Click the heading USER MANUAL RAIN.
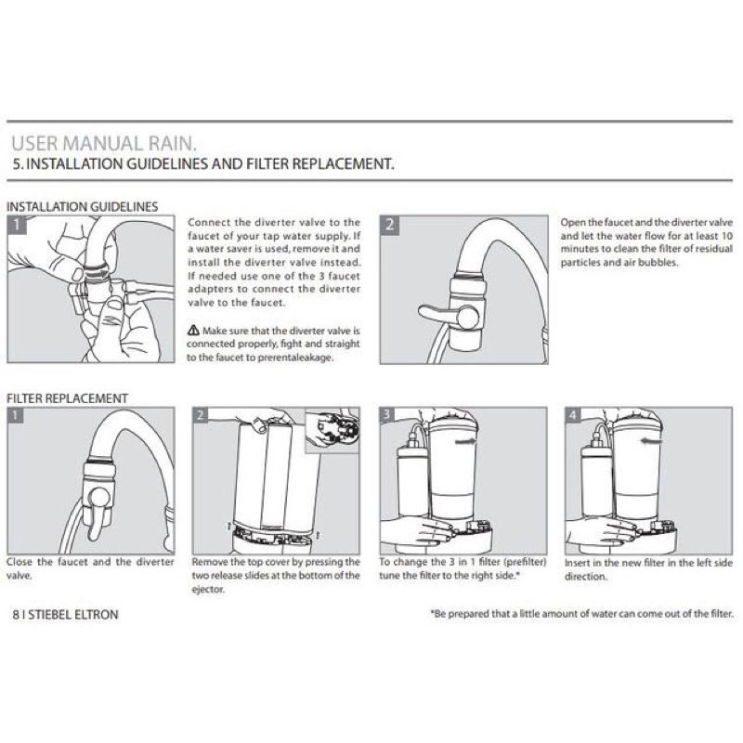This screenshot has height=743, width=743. click(x=104, y=144)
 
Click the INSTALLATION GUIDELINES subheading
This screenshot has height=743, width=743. click(x=83, y=206)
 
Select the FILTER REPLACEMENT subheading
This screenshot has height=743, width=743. click(x=67, y=398)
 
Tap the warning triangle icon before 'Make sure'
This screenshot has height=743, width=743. click(x=193, y=330)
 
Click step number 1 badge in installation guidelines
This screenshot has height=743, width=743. click(x=17, y=224)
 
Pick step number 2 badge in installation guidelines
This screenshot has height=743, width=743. click(x=389, y=225)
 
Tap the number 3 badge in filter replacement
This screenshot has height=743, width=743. click(x=386, y=414)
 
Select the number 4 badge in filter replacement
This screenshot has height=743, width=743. click(x=572, y=415)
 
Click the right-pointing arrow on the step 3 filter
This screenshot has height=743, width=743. click(x=466, y=441)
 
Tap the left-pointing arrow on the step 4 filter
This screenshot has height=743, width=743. click(x=651, y=441)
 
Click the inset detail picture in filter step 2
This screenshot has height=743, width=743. click(x=332, y=430)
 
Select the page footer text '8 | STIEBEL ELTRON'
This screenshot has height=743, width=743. click(x=65, y=615)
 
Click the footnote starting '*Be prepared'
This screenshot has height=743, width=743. click(x=582, y=614)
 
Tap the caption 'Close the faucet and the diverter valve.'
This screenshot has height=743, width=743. click(x=90, y=568)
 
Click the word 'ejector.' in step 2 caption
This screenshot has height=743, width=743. click(x=208, y=590)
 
